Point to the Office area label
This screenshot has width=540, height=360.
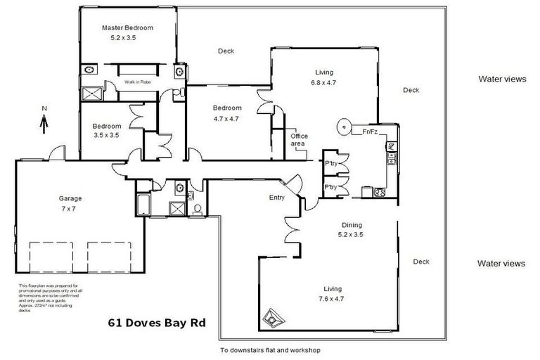(x=300, y=140)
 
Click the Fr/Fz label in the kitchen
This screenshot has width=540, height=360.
(x=371, y=131)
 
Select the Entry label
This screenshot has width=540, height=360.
(x=277, y=198)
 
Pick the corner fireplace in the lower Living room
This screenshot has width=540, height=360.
(x=271, y=317)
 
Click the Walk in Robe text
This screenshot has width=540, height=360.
(x=139, y=82)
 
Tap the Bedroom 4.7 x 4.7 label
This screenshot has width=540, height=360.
(x=227, y=113)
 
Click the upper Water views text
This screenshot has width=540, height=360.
(x=501, y=79)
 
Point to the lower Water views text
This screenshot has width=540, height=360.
(x=501, y=264)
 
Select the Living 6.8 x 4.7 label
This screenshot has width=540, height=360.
(x=323, y=77)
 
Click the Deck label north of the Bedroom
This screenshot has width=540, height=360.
(x=226, y=51)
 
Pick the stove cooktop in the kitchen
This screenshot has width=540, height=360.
(x=380, y=191)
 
